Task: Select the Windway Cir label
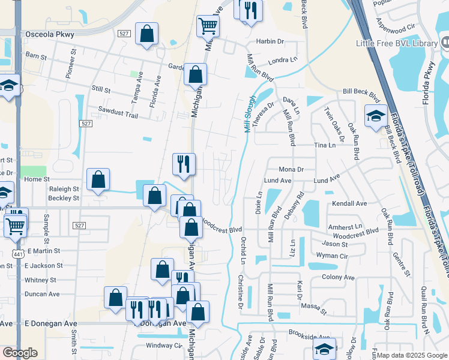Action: pos(164,346)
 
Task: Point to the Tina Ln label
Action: pos(325,146)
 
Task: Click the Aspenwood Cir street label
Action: pos(396,27)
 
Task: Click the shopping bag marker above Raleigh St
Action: pos(98,179)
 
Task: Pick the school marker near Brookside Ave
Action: pos(325,349)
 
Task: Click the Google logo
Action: pos(20,353)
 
